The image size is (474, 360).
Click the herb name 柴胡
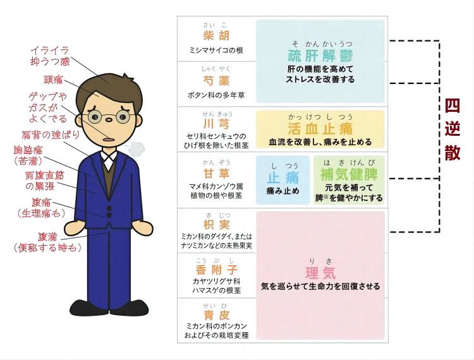coord(216,35)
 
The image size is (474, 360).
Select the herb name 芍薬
coord(216,81)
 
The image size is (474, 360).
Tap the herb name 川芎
coord(216,124)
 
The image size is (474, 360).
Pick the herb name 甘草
coord(216,173)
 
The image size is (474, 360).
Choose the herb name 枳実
coord(216,224)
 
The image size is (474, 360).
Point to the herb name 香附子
coord(216,270)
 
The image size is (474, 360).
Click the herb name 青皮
coord(216,315)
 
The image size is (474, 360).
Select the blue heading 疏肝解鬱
coord(320,56)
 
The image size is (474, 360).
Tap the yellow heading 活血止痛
coord(320,129)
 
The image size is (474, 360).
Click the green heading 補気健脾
coord(349,174)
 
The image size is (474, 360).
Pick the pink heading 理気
coord(320,273)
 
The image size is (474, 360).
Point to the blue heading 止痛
coord(283,177)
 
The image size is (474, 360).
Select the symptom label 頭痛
coord(53,80)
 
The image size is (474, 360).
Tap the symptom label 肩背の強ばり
coord(50,135)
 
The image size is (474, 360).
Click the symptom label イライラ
coord(49,50)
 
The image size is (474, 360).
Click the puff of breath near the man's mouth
coord(135,148)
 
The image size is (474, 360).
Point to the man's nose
coord(108,120)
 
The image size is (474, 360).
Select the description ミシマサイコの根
coord(216,51)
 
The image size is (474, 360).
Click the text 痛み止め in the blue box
coord(283,191)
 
